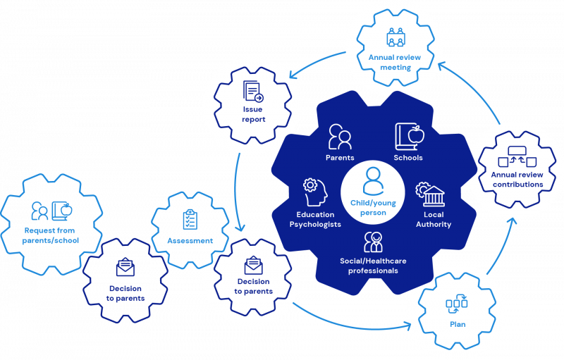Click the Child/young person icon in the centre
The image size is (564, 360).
click(x=372, y=182)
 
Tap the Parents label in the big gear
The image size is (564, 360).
click(x=341, y=158)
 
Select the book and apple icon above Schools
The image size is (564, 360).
click(x=409, y=136)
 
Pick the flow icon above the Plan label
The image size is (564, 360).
click(x=457, y=305)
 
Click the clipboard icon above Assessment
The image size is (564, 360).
click(x=190, y=218)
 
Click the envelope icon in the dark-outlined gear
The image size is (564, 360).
click(x=125, y=268)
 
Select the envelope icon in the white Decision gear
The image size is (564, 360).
click(x=253, y=266)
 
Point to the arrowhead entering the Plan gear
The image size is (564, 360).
click(x=408, y=325)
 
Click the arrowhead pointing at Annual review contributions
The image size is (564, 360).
click(x=512, y=223)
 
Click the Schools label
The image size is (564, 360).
click(x=409, y=158)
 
